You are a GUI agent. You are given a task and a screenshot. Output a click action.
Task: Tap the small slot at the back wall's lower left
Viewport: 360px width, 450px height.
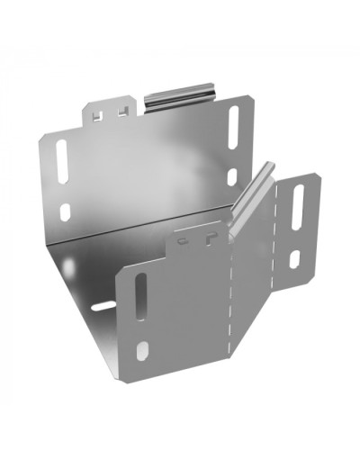coord(64,212)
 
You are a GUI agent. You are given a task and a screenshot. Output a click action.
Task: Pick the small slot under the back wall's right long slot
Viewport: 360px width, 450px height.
coord(232,176)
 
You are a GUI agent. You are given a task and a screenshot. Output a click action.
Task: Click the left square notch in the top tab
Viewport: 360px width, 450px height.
coord(98,114)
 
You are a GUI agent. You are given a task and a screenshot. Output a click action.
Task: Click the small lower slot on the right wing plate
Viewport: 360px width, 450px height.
coord(295,259)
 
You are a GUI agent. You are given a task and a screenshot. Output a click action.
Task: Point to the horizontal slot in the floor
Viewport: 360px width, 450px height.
coord(102,306)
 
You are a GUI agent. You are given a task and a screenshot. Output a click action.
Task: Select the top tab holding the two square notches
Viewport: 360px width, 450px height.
coord(109,111)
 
